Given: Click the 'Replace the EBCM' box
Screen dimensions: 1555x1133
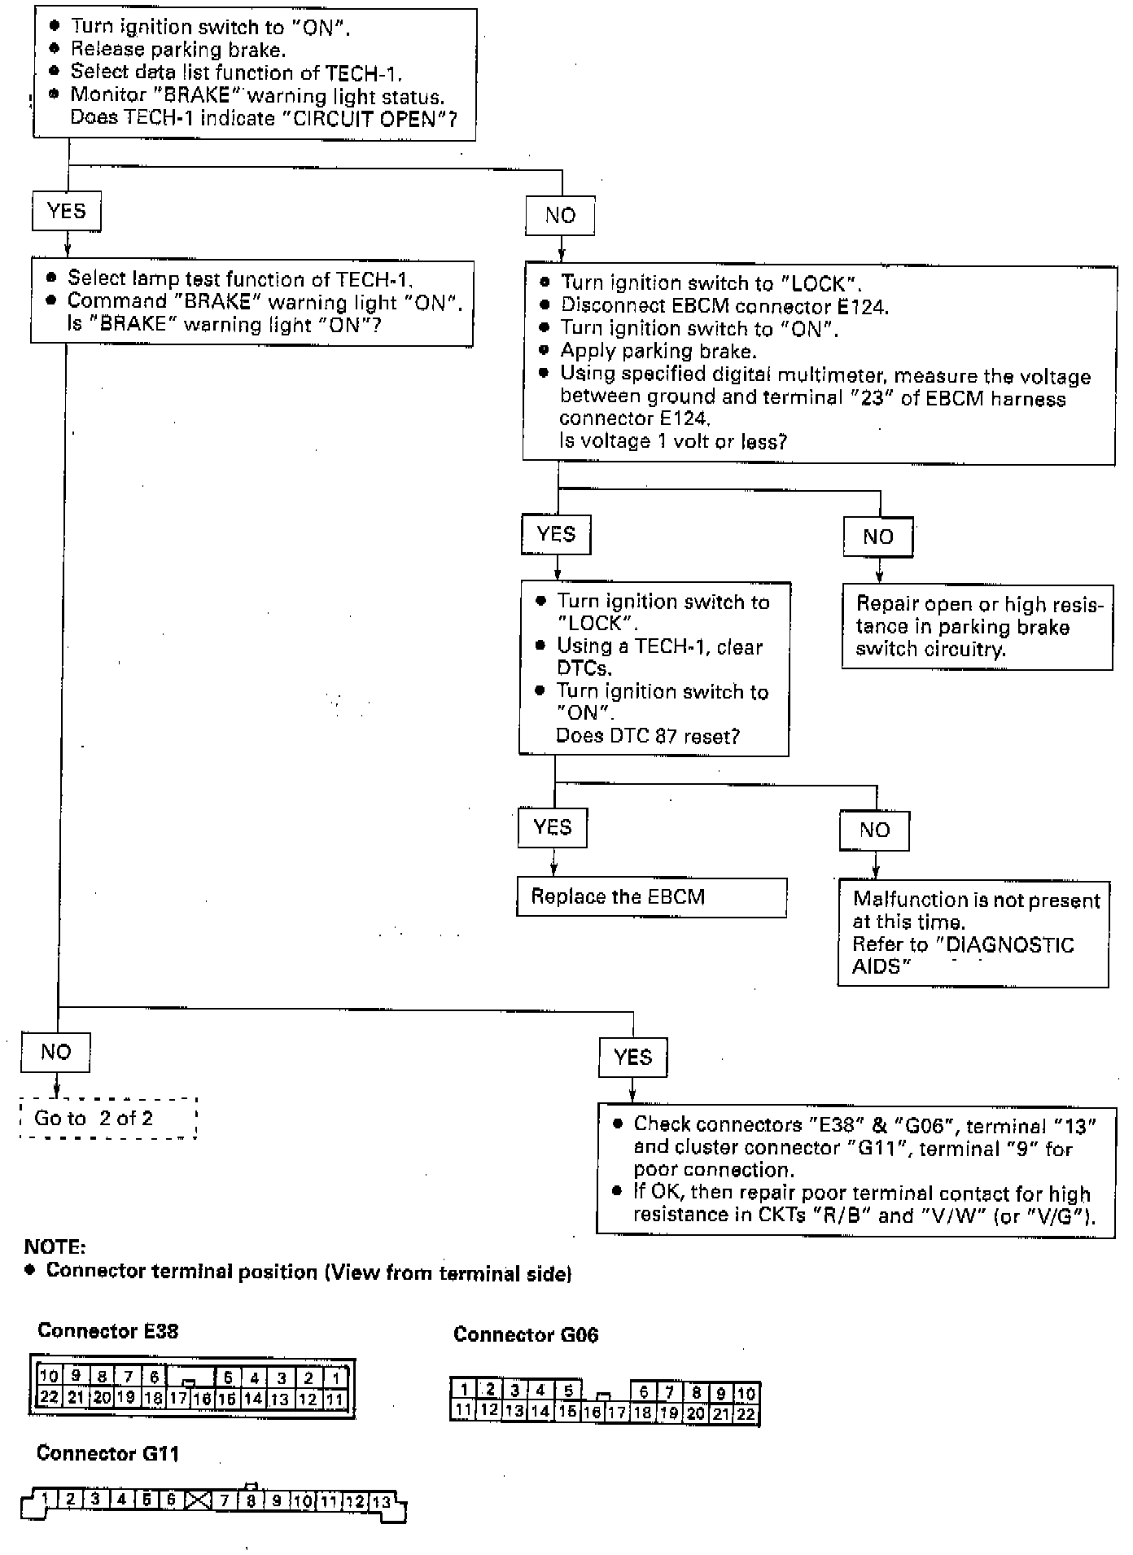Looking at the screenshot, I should [x=651, y=897].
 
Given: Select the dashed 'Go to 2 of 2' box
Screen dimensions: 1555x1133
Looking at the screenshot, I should [x=108, y=1118].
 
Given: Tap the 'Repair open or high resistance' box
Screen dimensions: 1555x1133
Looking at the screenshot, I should [x=977, y=626].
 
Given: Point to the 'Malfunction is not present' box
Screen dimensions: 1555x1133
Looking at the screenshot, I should [x=973, y=933].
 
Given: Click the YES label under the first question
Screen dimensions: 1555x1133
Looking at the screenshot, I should [x=67, y=212].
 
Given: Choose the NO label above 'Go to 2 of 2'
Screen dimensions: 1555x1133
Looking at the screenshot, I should [x=55, y=1052].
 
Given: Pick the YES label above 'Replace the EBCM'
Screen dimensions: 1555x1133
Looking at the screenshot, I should [x=552, y=827].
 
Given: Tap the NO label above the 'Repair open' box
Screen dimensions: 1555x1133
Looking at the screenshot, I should [x=877, y=537].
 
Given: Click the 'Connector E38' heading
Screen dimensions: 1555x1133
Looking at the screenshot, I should [x=107, y=1331].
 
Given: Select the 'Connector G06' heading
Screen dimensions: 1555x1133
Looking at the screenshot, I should [x=525, y=1334].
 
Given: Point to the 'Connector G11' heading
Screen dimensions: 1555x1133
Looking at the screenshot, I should [x=107, y=1453].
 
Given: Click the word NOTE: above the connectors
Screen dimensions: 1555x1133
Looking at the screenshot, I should [x=55, y=1246].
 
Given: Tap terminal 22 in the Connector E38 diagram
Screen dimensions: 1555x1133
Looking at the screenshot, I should [x=49, y=1398].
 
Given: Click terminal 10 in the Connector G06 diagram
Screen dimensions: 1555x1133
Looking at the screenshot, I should [x=746, y=1393].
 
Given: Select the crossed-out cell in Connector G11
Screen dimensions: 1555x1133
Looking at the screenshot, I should [x=198, y=1500].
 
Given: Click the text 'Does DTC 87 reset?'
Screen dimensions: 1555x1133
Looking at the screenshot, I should [x=647, y=736].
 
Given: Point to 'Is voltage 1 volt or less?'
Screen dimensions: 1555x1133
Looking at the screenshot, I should [x=673, y=441].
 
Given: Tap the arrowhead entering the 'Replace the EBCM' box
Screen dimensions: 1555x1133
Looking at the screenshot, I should [x=553, y=870].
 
